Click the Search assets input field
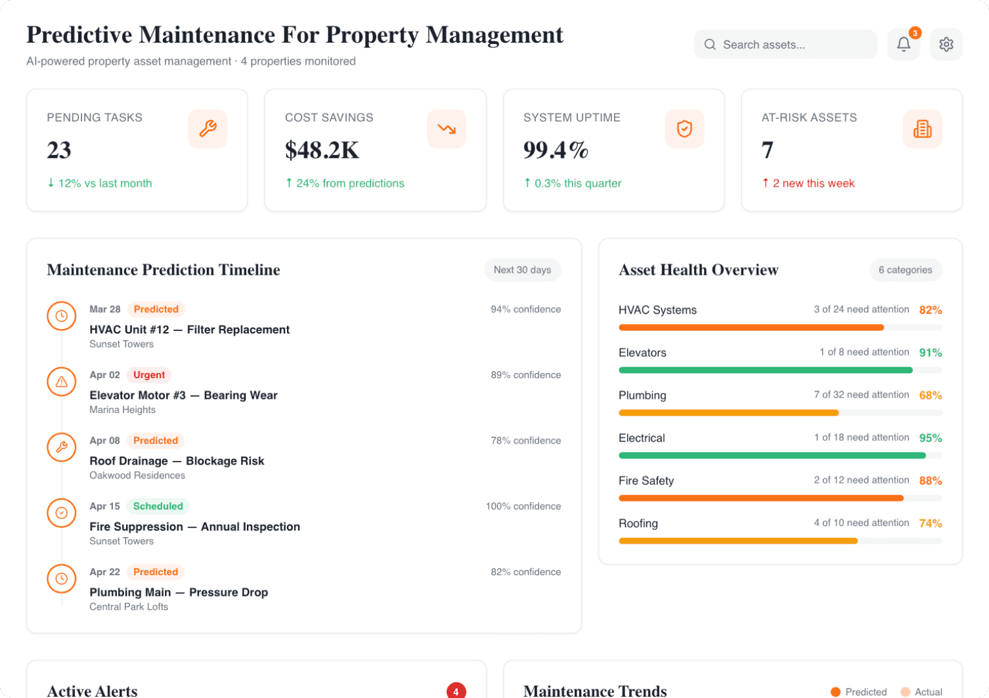click(x=785, y=45)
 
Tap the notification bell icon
click(x=903, y=45)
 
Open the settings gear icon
click(x=946, y=45)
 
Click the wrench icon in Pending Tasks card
click(x=207, y=129)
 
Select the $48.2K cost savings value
click(x=322, y=150)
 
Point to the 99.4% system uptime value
click(x=555, y=150)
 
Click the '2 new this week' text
click(x=813, y=184)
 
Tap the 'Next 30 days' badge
click(x=522, y=270)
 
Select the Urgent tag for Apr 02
click(x=149, y=375)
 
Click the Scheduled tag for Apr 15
click(x=158, y=506)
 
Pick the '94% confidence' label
click(x=526, y=310)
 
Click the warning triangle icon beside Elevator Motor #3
click(x=61, y=382)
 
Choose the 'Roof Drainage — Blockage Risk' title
click(x=176, y=461)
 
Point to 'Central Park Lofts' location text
click(x=129, y=607)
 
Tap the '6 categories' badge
click(x=905, y=270)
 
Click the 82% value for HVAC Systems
click(x=930, y=310)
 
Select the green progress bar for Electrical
click(x=772, y=456)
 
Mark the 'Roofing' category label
click(x=638, y=523)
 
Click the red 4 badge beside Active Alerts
click(x=456, y=691)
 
